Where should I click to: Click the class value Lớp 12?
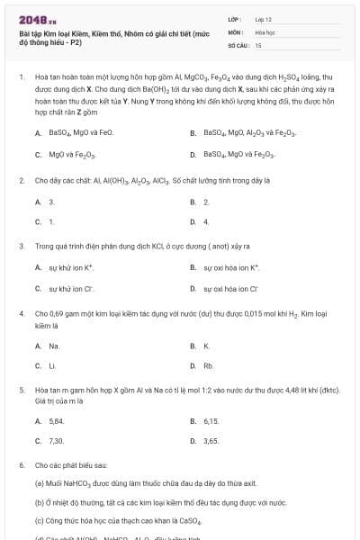[263, 18]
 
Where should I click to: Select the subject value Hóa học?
[264, 31]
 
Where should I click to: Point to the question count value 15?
[258, 44]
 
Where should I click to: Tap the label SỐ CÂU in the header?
[237, 44]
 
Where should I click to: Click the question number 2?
[21, 180]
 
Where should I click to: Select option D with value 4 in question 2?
[206, 220]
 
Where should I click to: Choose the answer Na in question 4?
[54, 346]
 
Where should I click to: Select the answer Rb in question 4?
[208, 366]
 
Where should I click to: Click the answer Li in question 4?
[52, 366]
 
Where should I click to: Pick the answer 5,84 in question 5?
[56, 420]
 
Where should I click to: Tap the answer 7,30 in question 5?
[56, 441]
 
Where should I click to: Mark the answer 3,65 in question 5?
[211, 441]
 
